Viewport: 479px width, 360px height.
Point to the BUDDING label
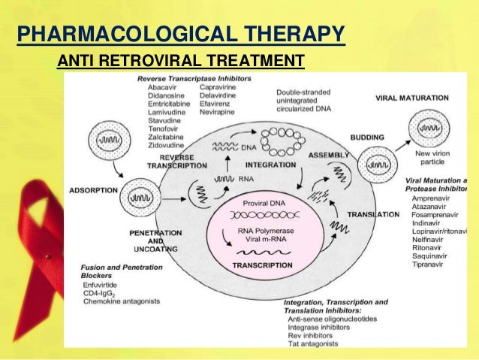click(368, 138)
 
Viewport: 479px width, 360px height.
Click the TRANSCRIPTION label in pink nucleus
click(262, 266)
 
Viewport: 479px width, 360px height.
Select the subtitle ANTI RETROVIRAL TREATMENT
click(180, 61)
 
